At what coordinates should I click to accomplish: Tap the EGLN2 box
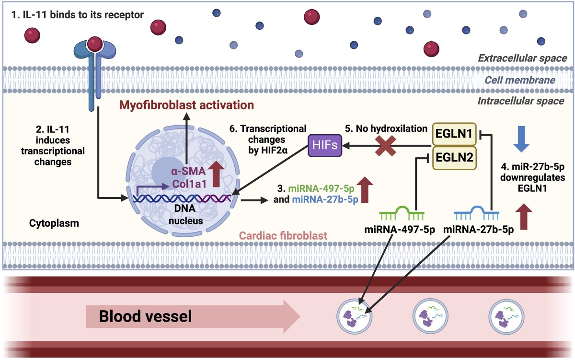pyautogui.click(x=454, y=159)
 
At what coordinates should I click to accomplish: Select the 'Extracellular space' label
pyautogui.click(x=522, y=58)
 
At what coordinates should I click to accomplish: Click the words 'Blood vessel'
pyautogui.click(x=145, y=316)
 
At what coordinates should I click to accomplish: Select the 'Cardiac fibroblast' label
pyautogui.click(x=283, y=235)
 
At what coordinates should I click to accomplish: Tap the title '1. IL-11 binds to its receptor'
pyautogui.click(x=77, y=15)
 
